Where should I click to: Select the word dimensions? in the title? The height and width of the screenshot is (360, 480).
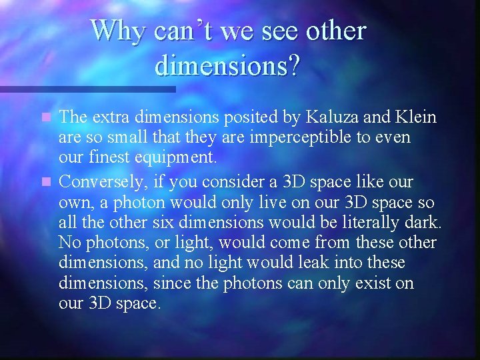click(x=228, y=65)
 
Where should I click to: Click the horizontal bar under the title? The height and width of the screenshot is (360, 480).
click(x=87, y=89)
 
